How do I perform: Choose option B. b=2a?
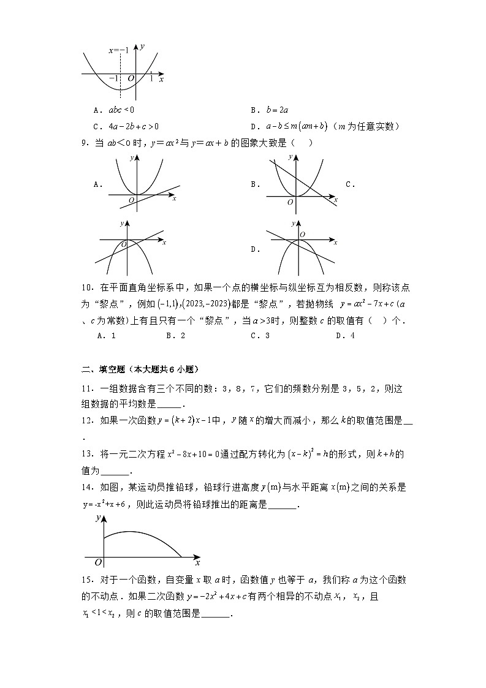point(266,110)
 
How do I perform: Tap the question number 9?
point(86,143)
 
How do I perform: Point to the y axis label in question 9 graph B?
point(290,158)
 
